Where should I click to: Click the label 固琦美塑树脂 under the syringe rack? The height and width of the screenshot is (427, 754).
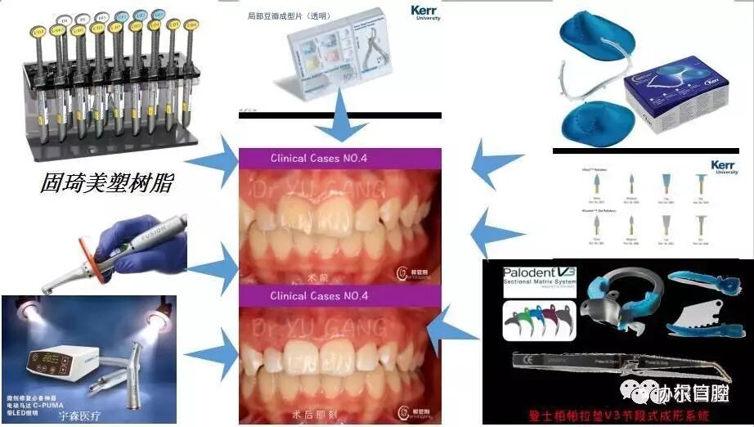[107, 182]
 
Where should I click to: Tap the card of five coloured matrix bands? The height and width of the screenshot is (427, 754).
[535, 320]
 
